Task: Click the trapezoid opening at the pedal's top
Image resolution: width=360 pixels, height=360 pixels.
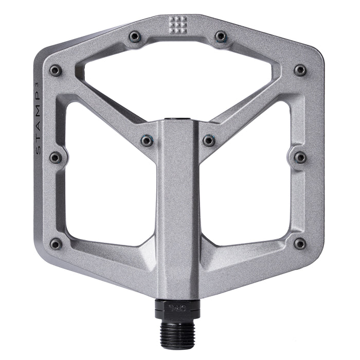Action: point(178,82)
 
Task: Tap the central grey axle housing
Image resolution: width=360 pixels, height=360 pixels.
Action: point(177,206)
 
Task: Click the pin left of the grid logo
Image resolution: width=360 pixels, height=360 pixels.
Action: point(135,37)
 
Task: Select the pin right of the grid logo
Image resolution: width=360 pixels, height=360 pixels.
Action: point(221,37)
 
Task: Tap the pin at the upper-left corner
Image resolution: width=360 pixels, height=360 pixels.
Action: point(55,70)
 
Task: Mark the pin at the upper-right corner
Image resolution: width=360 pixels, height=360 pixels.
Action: point(300,70)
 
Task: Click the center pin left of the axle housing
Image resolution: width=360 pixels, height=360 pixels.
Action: point(147,140)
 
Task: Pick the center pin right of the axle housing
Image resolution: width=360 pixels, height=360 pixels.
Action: point(208,140)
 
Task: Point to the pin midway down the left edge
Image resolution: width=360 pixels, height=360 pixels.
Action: point(55,157)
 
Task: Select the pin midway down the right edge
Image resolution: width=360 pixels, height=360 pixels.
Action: point(300,157)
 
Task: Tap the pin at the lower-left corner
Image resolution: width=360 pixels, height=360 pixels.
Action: point(56,244)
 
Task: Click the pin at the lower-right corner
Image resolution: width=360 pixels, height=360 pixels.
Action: point(299,244)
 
